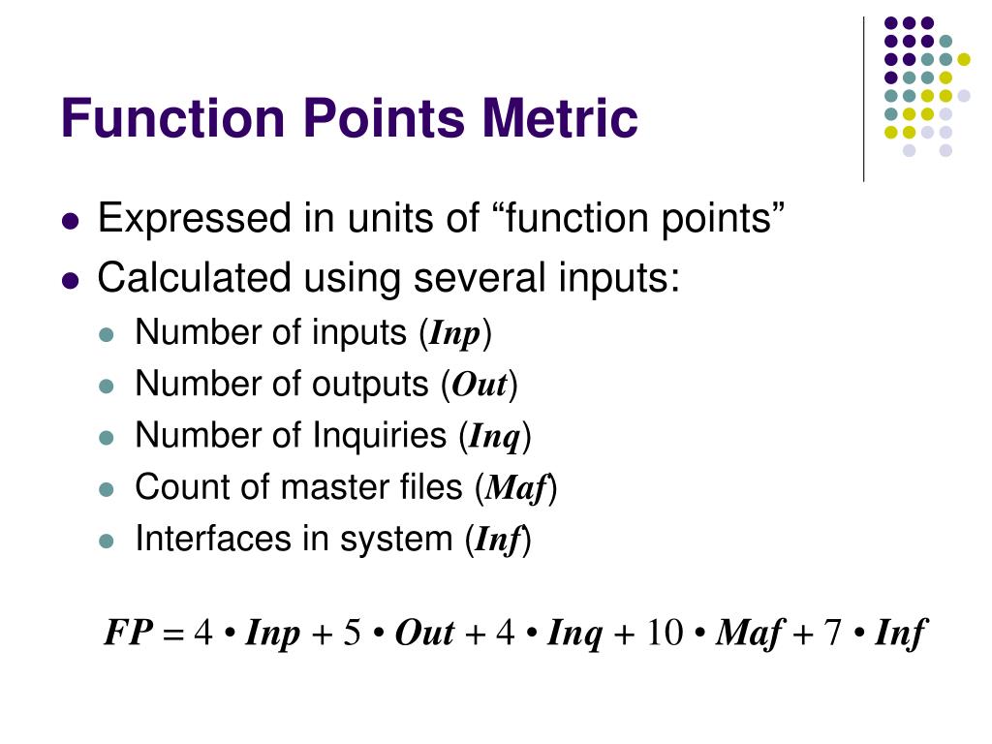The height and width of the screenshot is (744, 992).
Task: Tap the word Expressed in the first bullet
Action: point(194,220)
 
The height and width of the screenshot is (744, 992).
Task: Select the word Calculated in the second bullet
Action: point(194,279)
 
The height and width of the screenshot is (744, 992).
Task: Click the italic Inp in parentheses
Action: point(455,334)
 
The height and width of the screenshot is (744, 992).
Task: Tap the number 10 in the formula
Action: point(665,635)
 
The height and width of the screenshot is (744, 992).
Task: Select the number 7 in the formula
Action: point(833,635)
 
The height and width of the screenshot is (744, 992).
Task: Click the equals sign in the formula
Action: point(172,635)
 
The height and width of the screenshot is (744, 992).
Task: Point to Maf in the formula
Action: point(747,635)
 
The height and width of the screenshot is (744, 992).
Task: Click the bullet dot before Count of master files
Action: point(108,488)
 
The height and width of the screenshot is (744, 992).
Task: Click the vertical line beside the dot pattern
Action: point(863,97)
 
